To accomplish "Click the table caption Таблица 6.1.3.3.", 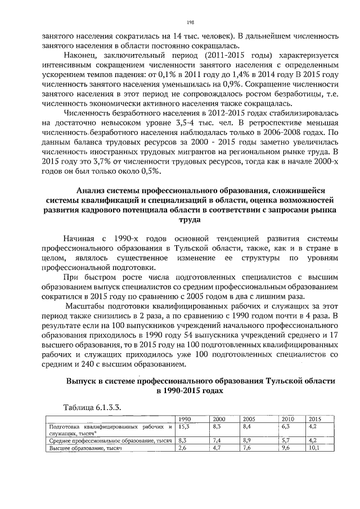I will coord(93,407).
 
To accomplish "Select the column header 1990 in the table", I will coord(183,419).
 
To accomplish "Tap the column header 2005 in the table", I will coord(249,419).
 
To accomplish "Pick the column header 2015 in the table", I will coord(314,419).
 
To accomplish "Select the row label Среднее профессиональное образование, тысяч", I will coord(110,441).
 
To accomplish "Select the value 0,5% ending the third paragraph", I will coord(148,171).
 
